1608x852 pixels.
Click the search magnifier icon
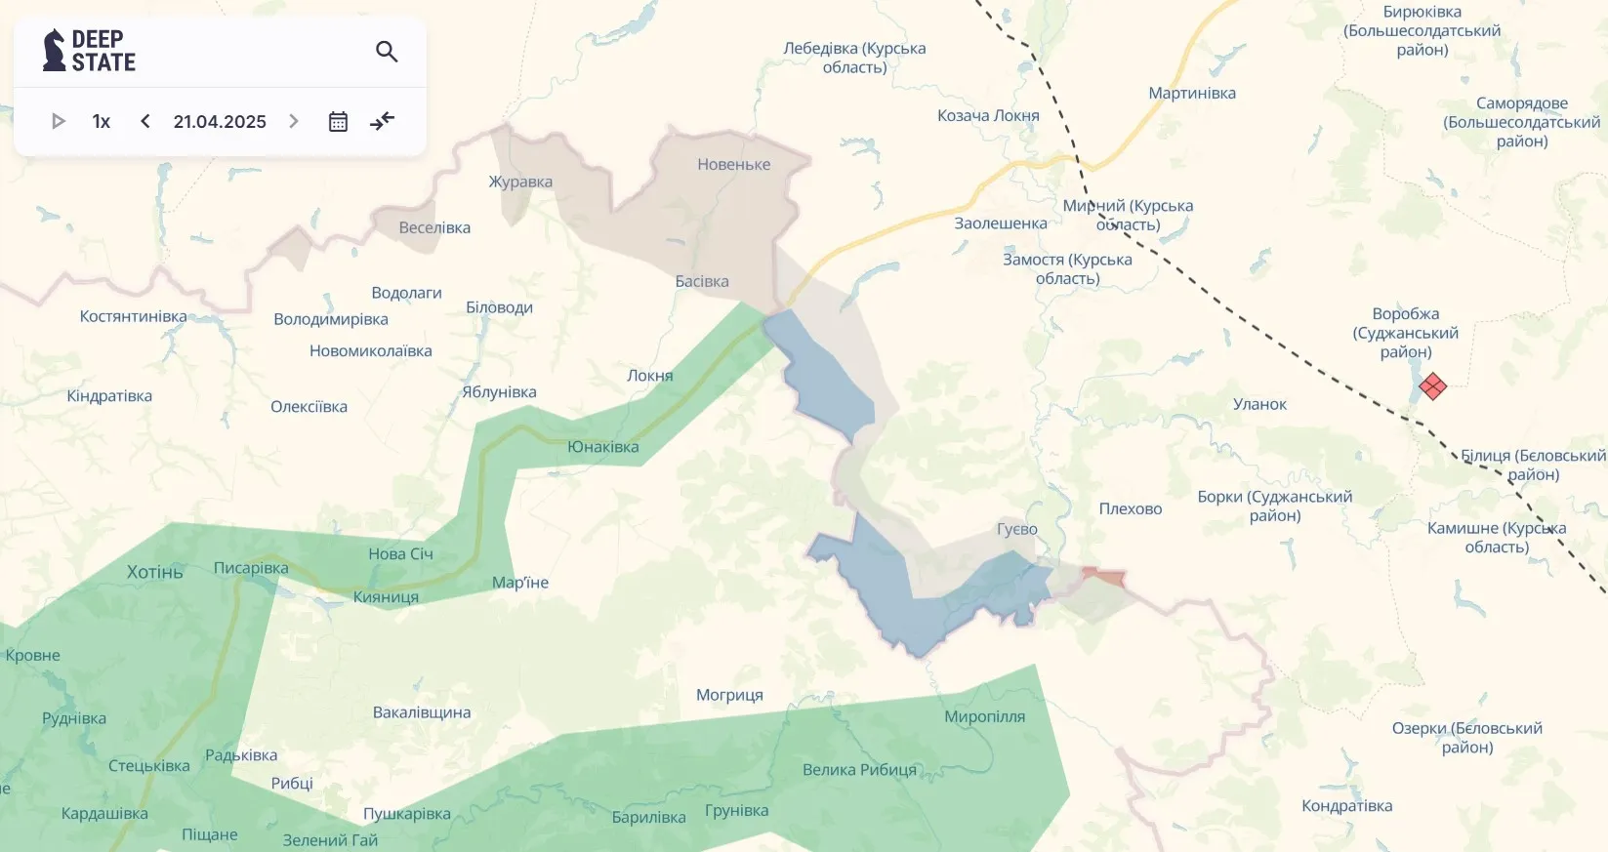click(x=387, y=52)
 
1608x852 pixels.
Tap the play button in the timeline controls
click(x=58, y=121)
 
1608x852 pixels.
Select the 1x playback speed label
click(x=101, y=121)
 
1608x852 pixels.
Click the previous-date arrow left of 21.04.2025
click(x=145, y=121)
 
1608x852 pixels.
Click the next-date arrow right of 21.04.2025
click(x=294, y=121)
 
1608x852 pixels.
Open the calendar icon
click(x=338, y=121)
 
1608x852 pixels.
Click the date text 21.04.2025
click(x=220, y=121)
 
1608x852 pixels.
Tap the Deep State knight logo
click(x=54, y=51)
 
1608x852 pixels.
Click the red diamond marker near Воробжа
click(x=1432, y=386)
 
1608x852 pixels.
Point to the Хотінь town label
click(x=155, y=572)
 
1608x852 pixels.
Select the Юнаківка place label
click(x=603, y=447)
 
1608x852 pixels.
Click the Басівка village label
click(x=702, y=281)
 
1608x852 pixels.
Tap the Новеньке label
click(x=734, y=164)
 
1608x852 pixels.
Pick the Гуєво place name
click(x=1017, y=529)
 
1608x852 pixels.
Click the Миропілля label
click(x=984, y=716)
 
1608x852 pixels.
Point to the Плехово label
click(x=1131, y=508)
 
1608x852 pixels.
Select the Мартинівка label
click(x=1192, y=93)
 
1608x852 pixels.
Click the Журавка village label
click(x=520, y=182)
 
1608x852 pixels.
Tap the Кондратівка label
click(x=1346, y=805)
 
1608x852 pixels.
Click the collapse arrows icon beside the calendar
click(x=383, y=121)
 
